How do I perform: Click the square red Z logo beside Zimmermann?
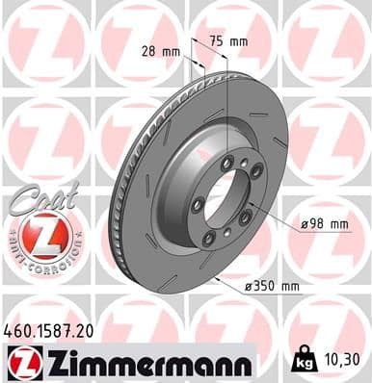click(x=20, y=363)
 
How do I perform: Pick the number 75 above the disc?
click(x=221, y=42)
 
